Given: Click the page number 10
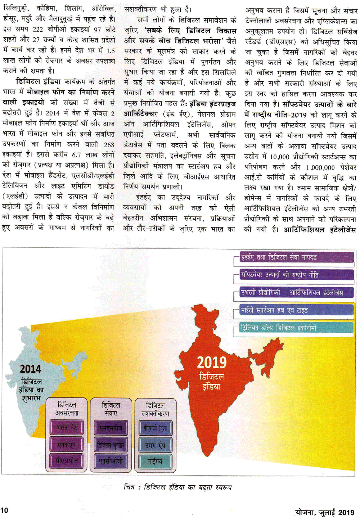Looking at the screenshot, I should [x=4, y=510].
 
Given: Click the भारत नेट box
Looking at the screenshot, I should [x=67, y=427].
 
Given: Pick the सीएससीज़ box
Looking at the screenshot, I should [x=67, y=461].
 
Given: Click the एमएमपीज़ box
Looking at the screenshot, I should [x=111, y=427].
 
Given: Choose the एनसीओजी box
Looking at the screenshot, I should [x=111, y=461].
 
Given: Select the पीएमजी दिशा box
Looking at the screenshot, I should [x=155, y=428].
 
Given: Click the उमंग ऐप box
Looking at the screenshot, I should [x=155, y=445].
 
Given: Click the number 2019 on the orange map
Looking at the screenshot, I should [x=212, y=362].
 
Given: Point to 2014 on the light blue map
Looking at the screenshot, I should [x=31, y=369].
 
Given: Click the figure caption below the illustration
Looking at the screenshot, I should [x=178, y=487].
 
